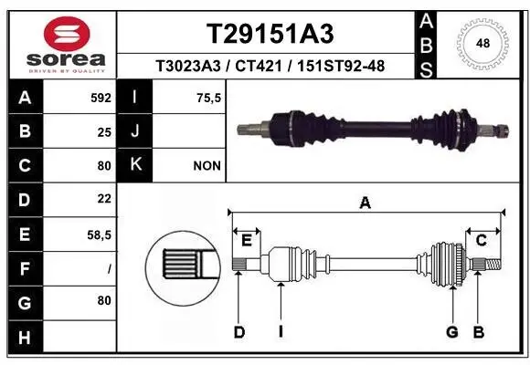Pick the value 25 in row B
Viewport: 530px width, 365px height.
104,131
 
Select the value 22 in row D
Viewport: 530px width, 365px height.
104,198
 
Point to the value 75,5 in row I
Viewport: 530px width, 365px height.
209,97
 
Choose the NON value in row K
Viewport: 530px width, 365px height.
207,166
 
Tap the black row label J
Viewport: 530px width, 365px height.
135,131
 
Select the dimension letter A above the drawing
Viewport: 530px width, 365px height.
366,204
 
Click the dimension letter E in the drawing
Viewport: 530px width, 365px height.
246,240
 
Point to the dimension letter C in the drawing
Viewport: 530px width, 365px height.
481,240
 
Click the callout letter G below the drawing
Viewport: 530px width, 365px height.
451,332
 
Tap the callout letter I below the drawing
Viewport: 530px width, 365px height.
281,332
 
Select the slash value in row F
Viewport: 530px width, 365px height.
109,269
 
